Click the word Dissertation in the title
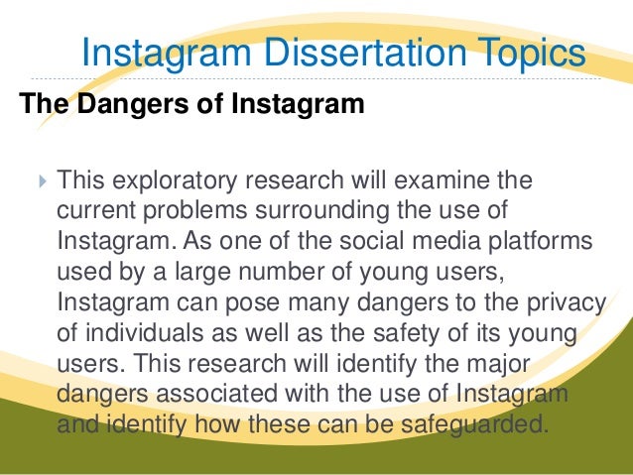[362, 52]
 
